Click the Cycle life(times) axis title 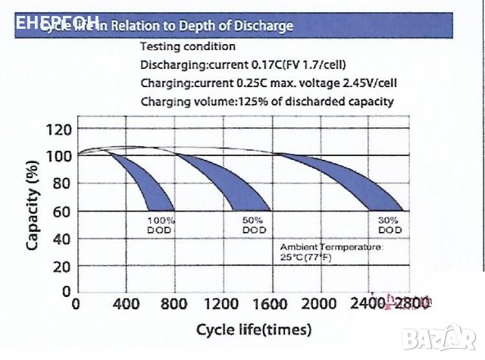click(253, 330)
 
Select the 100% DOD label click(161, 225)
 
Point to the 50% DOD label click(255, 225)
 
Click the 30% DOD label click(390, 225)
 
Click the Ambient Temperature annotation click(331, 252)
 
